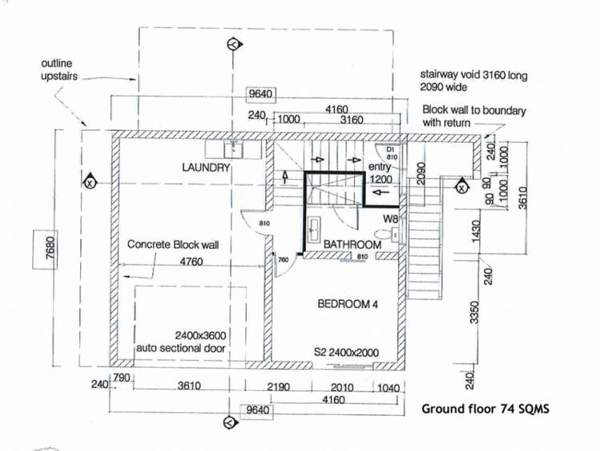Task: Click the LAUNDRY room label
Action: [206, 168]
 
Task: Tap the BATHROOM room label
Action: [352, 244]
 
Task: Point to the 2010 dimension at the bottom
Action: [342, 387]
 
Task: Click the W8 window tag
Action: [390, 218]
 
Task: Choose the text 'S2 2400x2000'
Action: [347, 352]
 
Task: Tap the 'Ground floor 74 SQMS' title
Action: [485, 408]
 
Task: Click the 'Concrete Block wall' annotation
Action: [173, 244]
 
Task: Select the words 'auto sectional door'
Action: [186, 348]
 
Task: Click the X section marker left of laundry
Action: [90, 183]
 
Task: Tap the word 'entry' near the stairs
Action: [378, 167]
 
